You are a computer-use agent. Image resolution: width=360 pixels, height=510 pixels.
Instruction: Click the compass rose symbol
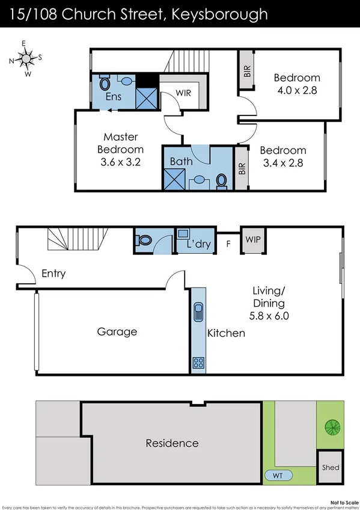click(25, 58)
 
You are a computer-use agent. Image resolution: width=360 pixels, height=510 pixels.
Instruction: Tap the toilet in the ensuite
click(104, 83)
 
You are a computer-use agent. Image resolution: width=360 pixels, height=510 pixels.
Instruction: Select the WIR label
click(184, 93)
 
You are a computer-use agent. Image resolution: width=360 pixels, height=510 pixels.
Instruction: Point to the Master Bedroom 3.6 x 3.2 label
click(120, 149)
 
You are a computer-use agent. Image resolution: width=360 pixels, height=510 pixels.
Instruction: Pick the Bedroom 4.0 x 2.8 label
click(297, 84)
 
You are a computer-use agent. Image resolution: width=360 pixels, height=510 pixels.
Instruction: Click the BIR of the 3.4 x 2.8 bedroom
click(242, 168)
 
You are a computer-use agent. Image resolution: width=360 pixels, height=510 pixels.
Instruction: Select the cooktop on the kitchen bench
click(198, 362)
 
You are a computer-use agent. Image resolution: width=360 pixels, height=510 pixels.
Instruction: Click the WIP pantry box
click(252, 239)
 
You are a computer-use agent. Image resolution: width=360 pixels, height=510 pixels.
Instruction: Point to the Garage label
click(117, 331)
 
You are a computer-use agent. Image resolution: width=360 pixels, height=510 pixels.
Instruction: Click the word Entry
click(53, 274)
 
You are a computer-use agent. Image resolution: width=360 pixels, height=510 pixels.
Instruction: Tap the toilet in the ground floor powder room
click(144, 241)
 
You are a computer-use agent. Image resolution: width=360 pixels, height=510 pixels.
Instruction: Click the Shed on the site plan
click(331, 467)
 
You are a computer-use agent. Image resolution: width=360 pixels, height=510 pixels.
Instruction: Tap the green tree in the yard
click(332, 428)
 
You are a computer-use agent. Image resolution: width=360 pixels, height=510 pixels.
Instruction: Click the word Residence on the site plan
click(172, 443)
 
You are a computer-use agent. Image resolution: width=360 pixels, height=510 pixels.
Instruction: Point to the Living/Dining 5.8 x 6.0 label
click(268, 304)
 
